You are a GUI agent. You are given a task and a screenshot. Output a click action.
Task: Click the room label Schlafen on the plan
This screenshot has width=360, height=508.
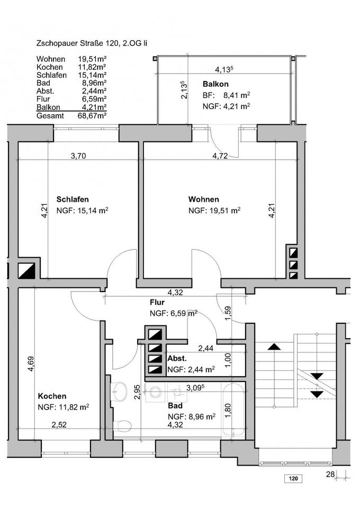(x=73, y=199)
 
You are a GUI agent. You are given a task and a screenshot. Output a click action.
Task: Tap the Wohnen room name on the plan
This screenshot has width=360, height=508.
(x=204, y=199)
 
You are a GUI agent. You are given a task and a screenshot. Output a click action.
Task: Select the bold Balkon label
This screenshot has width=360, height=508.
(x=215, y=84)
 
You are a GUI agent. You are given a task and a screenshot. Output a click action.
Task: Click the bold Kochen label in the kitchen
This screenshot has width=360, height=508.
(x=52, y=396)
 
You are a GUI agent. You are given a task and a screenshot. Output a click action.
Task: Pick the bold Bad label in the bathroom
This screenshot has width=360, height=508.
(x=175, y=406)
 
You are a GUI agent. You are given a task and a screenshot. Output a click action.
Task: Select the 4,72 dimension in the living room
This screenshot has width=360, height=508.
(x=220, y=156)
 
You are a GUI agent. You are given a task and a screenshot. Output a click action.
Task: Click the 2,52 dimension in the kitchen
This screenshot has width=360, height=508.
(x=59, y=424)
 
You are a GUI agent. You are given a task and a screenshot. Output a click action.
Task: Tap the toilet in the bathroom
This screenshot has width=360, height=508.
(x=124, y=424)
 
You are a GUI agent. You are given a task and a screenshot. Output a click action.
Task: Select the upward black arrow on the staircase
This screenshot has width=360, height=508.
(x=274, y=348)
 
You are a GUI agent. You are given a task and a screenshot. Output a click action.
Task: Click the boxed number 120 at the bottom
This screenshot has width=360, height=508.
(x=292, y=479)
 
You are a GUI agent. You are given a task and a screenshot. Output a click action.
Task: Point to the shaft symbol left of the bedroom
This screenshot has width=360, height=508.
(x=28, y=270)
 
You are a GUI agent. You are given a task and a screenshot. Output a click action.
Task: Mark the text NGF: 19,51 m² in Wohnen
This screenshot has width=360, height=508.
(x=214, y=210)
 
